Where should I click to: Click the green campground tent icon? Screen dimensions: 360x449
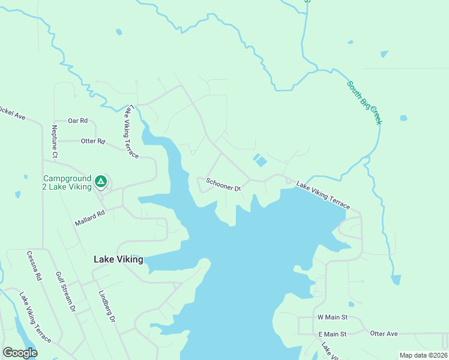click(101, 180)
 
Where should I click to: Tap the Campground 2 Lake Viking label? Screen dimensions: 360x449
click(67, 182)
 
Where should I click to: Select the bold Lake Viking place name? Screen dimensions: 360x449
click(119, 260)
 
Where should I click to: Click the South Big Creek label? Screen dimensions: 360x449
click(364, 103)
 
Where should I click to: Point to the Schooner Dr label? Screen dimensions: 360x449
click(223, 184)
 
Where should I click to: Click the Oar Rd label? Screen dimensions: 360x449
click(78, 121)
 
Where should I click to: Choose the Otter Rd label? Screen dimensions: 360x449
click(93, 142)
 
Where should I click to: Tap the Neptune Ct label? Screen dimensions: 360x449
click(55, 142)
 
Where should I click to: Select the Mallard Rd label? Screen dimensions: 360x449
click(90, 218)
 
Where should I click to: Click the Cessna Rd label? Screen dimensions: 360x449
click(34, 266)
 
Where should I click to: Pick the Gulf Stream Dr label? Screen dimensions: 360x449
click(65, 292)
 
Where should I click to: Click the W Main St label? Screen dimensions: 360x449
click(332, 317)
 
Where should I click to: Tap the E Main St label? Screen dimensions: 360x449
click(332, 334)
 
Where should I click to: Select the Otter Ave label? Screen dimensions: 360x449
click(384, 334)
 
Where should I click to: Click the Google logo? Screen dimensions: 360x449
click(20, 353)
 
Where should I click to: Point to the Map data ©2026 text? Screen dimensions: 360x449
click(423, 355)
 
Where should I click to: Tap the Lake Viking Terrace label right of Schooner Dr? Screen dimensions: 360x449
click(322, 196)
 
